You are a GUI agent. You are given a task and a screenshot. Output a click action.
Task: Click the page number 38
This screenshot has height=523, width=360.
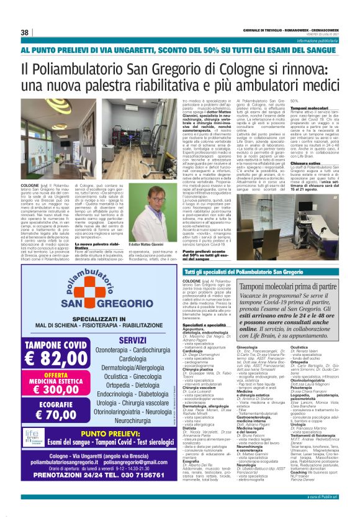point(24,32)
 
